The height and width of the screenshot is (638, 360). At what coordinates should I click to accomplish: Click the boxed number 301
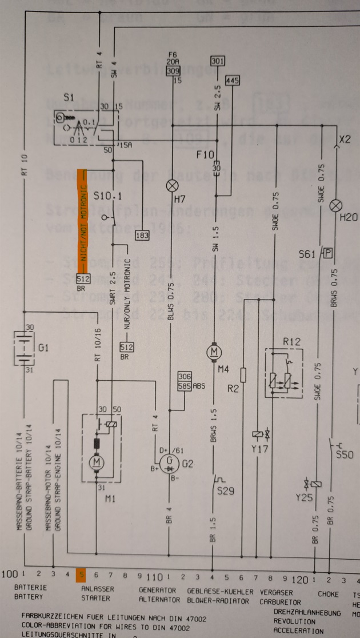218,61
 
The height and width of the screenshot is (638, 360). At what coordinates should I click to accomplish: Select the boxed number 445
233,80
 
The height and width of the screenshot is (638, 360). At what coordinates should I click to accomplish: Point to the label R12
292,341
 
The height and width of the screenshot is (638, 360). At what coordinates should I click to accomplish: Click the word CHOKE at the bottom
328,594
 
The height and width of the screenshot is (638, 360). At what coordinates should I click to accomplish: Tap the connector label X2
345,139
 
